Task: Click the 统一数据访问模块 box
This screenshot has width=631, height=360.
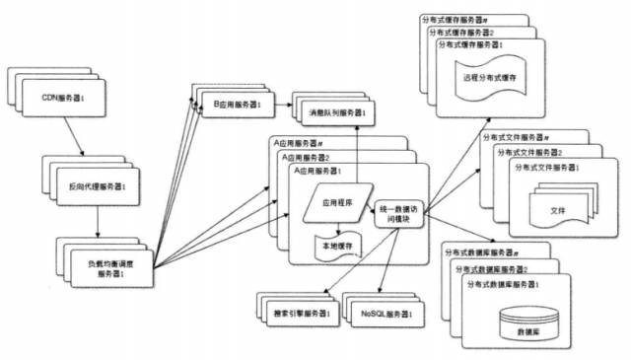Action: (399, 214)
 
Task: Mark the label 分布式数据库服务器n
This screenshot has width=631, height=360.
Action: (482, 253)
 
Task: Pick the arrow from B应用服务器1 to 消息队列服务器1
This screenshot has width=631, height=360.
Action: (278, 104)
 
